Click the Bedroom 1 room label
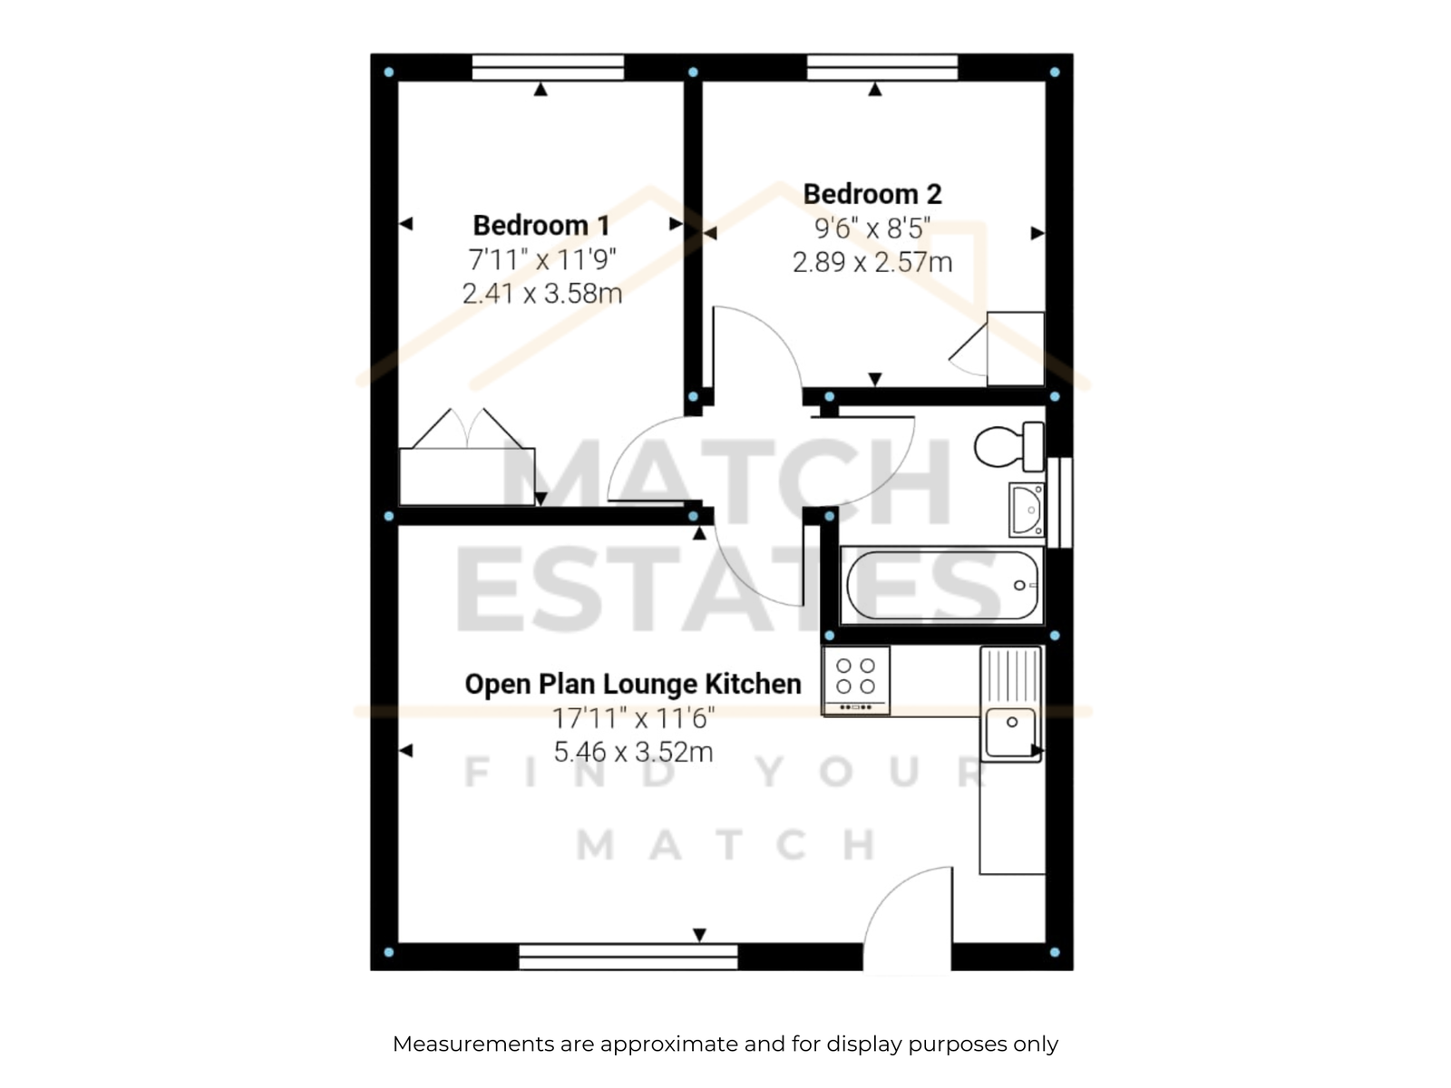click(x=541, y=225)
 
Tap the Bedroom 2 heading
click(x=872, y=194)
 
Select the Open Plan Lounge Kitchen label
click(x=633, y=684)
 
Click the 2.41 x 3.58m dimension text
click(x=542, y=293)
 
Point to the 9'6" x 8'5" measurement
click(x=872, y=228)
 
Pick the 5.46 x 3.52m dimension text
click(x=633, y=752)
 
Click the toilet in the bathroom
click(x=1008, y=446)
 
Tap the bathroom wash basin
click(x=1027, y=510)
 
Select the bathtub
click(x=942, y=586)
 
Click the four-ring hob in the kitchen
click(x=855, y=680)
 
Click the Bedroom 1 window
click(x=548, y=67)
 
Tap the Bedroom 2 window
click(x=881, y=67)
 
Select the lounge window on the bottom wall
click(x=628, y=957)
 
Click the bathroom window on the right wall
click(x=1059, y=502)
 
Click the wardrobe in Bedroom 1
click(x=467, y=477)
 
